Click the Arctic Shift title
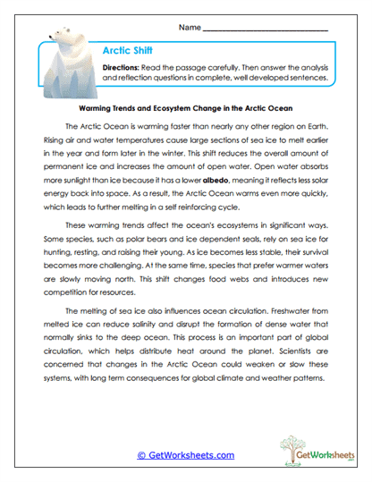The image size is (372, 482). click(x=128, y=53)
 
